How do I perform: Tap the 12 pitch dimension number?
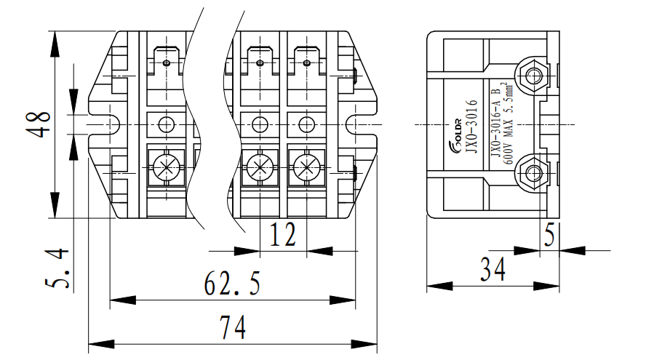coord(283,236)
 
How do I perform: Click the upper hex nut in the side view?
coord(534,75)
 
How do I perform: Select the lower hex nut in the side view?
coord(534,173)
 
